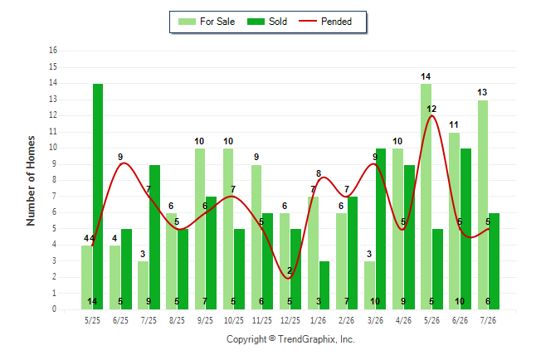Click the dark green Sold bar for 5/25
point(98,197)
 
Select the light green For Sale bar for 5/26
point(426,197)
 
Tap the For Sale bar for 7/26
point(483,205)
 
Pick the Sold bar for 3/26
point(381,229)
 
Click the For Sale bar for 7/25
point(144,285)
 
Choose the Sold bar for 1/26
point(324,285)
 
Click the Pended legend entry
point(325,22)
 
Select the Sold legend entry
point(267,22)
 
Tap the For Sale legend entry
point(207,22)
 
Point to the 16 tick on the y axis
point(53,51)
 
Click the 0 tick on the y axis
point(54,309)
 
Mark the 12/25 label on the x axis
point(290,320)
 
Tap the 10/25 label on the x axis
point(234,320)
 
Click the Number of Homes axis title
point(31,181)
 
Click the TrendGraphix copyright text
point(290,339)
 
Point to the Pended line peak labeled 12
point(431,115)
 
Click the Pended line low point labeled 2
point(289,278)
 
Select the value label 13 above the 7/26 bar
point(482,92)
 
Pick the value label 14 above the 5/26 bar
point(426,76)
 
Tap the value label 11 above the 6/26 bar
point(454,124)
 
